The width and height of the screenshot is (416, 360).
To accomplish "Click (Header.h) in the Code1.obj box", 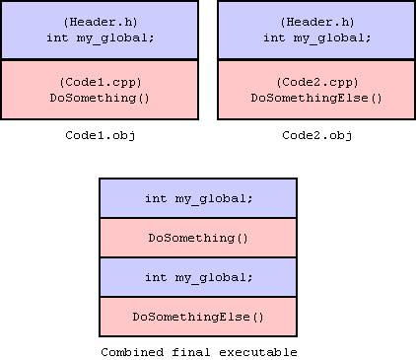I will pyautogui.click(x=100, y=22).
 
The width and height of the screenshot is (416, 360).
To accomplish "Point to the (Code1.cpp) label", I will pyautogui.click(x=100, y=82).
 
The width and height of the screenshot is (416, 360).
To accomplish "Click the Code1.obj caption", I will pyautogui.click(x=100, y=134).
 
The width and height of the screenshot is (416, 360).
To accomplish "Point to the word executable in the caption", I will pyautogui.click(x=258, y=351).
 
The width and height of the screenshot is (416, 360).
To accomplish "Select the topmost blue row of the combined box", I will pyautogui.click(x=198, y=198).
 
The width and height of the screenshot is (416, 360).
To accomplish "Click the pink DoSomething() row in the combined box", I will pyautogui.click(x=198, y=238).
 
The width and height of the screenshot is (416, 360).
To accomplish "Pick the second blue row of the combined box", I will pyautogui.click(x=198, y=277).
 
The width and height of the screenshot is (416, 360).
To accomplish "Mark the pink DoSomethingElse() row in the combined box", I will pyautogui.click(x=198, y=317).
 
